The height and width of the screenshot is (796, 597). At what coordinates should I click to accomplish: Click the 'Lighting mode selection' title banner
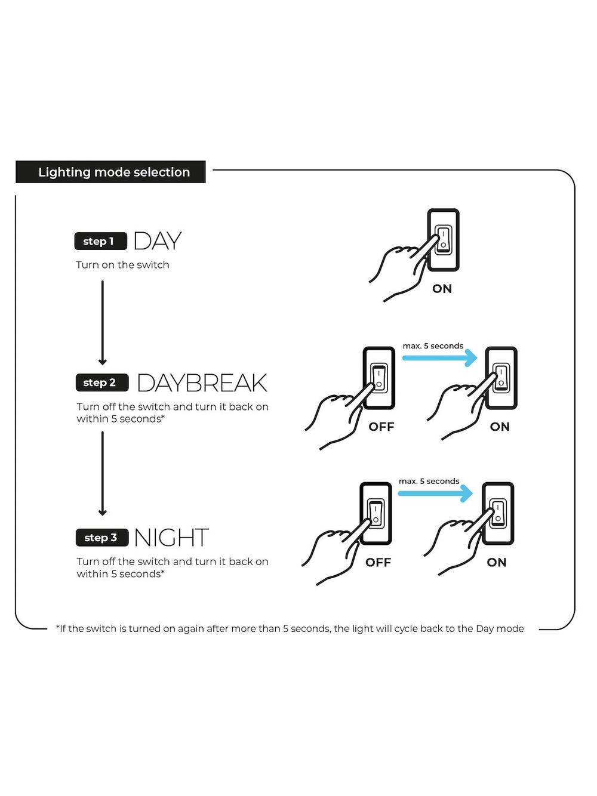click(110, 172)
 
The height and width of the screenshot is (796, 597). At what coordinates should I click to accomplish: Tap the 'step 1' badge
click(101, 241)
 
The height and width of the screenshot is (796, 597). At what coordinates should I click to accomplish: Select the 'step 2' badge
click(102, 382)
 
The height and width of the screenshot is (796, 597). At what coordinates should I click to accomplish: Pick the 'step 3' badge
click(102, 538)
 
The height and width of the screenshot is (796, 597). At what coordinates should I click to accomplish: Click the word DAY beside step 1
click(158, 241)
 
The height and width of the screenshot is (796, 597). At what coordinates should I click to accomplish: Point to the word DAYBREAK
click(202, 383)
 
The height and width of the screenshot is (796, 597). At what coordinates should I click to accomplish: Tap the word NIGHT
click(171, 538)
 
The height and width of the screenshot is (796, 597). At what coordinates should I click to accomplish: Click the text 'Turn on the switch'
click(122, 265)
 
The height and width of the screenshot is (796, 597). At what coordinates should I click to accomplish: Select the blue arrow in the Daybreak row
click(439, 358)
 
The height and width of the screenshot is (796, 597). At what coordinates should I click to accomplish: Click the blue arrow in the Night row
click(435, 493)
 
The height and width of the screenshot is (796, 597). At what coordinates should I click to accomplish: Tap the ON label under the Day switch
click(442, 289)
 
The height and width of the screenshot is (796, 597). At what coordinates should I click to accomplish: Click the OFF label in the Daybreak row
click(381, 427)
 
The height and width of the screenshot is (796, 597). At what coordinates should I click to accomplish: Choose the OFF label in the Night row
click(378, 563)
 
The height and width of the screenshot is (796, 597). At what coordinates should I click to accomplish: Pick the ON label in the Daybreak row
click(500, 427)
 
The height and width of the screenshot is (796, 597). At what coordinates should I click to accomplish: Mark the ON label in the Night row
click(497, 563)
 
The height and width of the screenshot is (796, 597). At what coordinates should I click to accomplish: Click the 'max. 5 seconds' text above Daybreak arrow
click(433, 345)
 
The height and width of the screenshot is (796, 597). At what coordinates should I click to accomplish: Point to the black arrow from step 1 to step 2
click(103, 323)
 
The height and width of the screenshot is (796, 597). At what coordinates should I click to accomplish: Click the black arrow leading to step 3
click(103, 474)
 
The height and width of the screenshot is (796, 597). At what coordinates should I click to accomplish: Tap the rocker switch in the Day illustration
click(444, 240)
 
